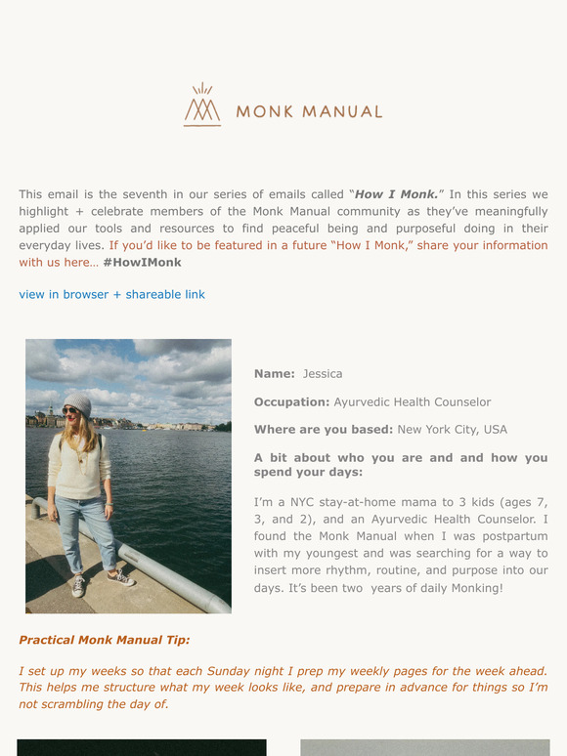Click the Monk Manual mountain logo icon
202,105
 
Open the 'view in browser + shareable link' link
111,294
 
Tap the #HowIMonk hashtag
142,262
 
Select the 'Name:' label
274,374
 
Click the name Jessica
323,374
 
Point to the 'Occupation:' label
291,401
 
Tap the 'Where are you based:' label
324,429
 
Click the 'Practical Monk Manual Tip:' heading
105,640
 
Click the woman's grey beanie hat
76,403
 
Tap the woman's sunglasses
71,411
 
